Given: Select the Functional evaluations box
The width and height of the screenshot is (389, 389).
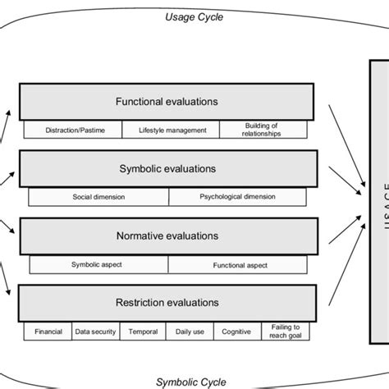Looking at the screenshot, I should [167, 103].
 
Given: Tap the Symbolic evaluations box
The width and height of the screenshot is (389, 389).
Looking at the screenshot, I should [167, 169].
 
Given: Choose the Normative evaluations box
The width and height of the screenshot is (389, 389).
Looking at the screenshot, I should [167, 236].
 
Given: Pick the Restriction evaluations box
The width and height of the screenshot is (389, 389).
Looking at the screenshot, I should [167, 302].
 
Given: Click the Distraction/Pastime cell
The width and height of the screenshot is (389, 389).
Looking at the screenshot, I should [71, 130].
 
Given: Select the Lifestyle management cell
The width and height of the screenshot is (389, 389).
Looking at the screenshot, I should [172, 130].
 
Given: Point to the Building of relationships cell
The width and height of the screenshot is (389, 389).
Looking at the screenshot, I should [262, 130].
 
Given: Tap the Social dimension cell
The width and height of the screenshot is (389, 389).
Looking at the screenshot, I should [98, 197].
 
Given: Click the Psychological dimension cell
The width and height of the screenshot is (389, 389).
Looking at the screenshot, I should [239, 197].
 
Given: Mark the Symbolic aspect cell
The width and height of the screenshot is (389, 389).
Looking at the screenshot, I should [98, 264].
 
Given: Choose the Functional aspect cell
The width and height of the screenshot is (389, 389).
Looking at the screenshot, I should [239, 264].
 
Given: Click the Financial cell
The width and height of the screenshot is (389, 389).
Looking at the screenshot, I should [48, 332].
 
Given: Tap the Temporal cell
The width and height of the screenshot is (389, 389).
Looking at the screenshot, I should [143, 332].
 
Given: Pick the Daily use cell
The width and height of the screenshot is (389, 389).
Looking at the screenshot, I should [190, 332].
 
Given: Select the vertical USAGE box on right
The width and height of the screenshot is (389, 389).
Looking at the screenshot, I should [378, 205].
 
